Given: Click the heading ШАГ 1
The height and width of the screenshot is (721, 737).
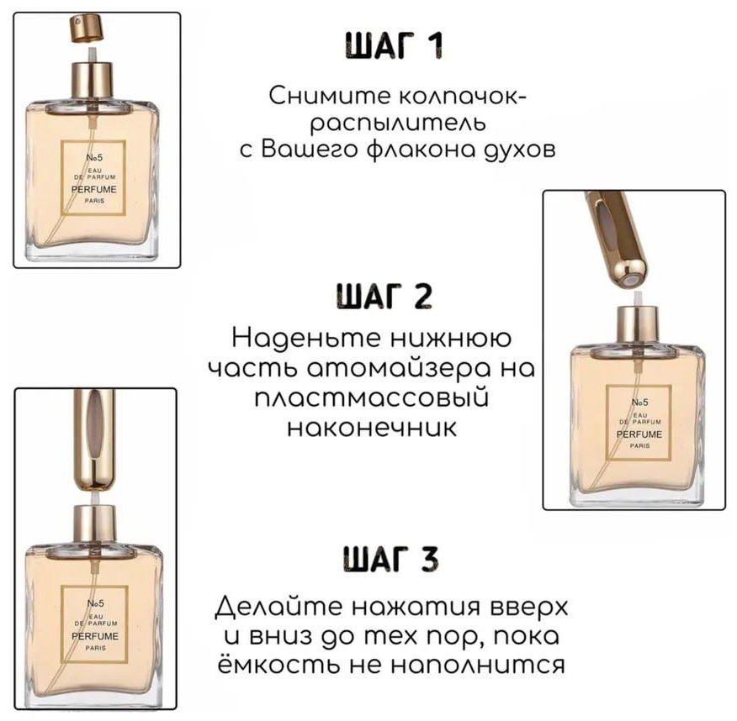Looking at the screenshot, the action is point(395,45).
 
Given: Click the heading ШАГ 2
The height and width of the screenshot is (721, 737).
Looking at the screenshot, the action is point(384,296).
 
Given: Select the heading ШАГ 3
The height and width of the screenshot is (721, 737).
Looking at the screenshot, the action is point(390,559).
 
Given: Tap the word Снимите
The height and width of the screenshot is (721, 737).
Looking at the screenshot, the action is point(330,95).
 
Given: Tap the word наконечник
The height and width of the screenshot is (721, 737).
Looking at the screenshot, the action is point(371,427).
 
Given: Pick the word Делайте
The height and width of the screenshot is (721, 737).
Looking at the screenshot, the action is point(278,607).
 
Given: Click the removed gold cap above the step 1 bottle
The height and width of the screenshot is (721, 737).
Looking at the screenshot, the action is point(87,29).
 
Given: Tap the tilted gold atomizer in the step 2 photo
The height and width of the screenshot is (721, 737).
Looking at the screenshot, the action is point(615,239).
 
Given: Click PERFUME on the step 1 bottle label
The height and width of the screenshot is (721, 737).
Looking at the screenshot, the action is point(94,190).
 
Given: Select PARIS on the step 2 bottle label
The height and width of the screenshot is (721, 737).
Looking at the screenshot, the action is point(639,446).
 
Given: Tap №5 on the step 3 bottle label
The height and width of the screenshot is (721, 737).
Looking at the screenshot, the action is point(95,603).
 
